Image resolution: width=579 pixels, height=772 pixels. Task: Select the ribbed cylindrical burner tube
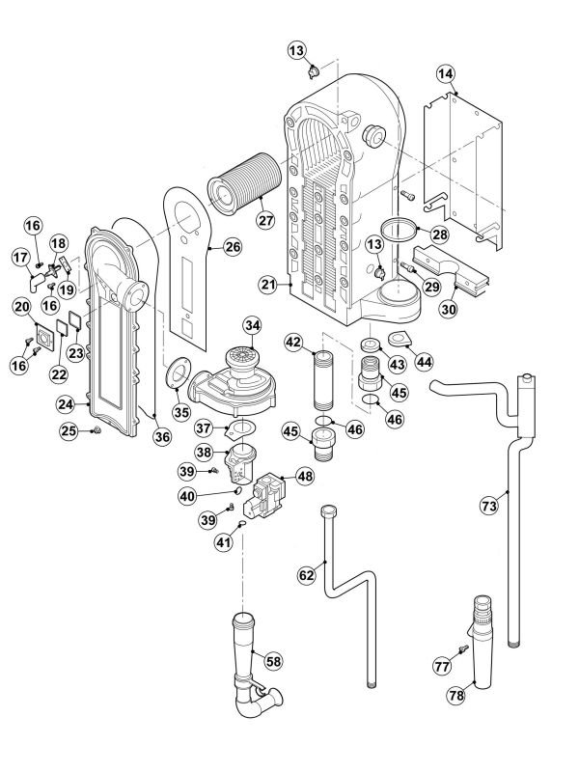point(243,187)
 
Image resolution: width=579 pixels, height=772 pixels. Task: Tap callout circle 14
point(445,73)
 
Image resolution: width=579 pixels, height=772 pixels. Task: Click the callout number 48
point(305,476)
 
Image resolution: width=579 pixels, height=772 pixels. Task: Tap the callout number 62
point(307,574)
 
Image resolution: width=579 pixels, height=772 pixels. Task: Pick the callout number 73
point(489,504)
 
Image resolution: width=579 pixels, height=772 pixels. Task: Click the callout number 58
point(274,661)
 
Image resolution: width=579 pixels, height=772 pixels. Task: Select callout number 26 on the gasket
point(233,247)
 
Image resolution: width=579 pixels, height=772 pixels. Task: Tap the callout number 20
point(21,306)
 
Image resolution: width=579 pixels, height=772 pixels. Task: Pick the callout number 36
point(161,437)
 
